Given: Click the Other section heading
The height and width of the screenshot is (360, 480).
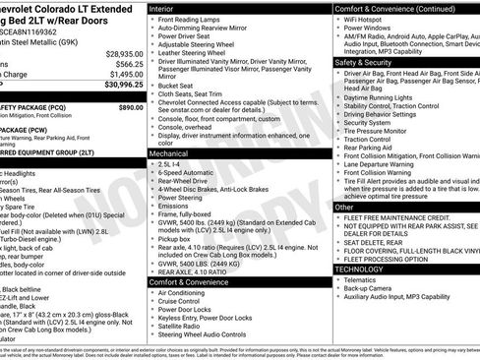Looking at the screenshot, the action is [343, 208].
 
